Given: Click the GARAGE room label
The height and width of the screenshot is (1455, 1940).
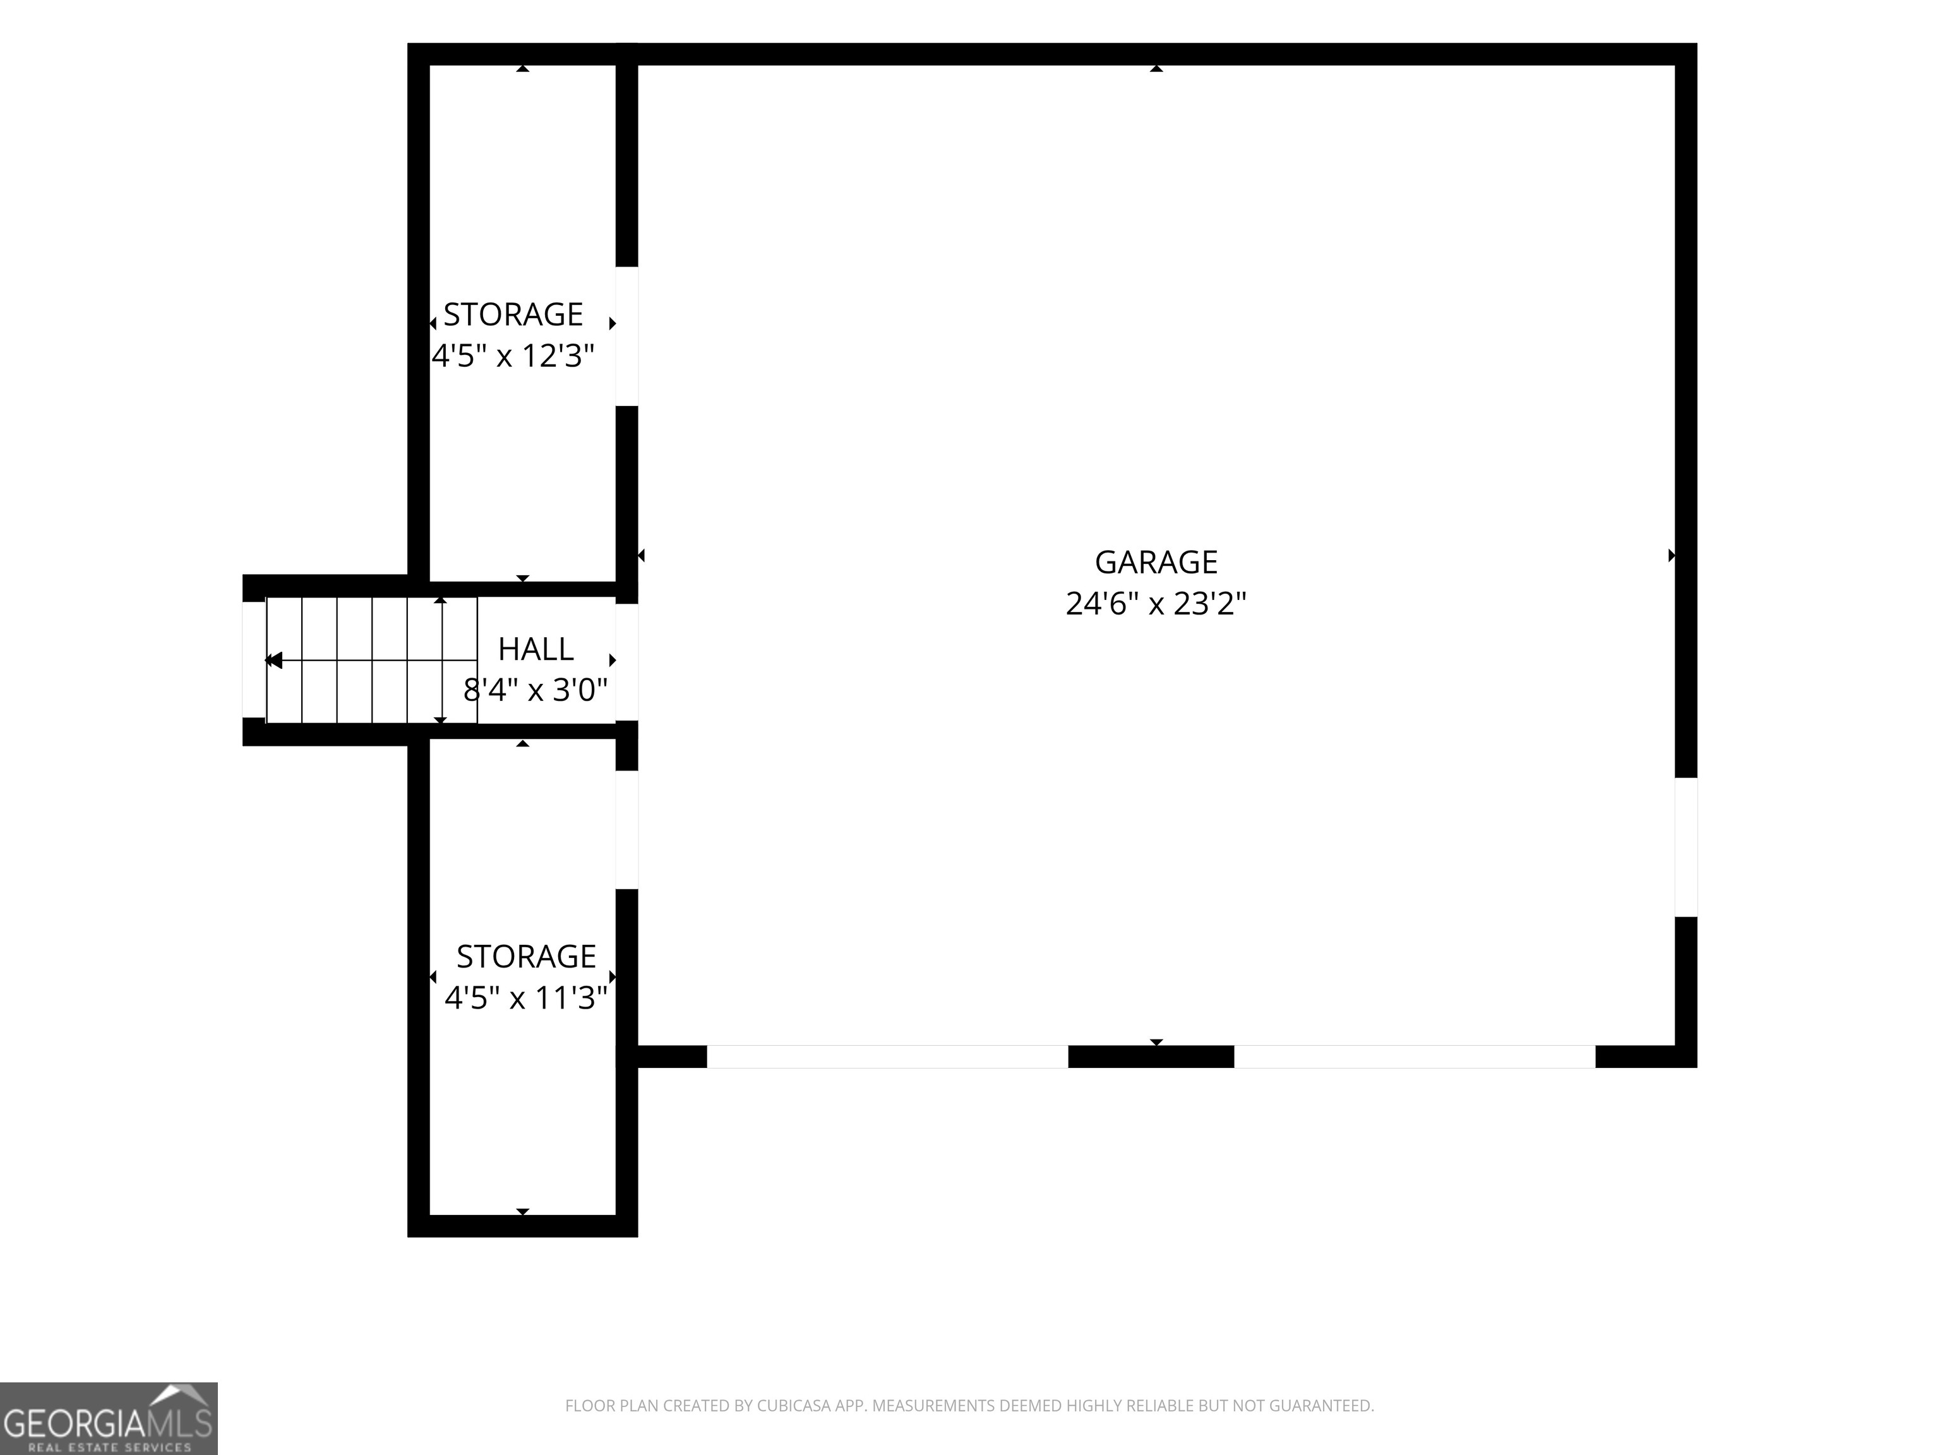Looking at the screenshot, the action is (1156, 562).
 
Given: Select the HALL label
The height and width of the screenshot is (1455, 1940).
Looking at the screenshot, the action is (536, 649).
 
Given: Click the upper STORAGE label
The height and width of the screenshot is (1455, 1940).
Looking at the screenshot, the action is (513, 314).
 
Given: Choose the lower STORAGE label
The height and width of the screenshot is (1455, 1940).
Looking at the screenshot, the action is (526, 956).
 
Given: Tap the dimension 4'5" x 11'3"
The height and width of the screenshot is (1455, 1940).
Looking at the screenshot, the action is (526, 998).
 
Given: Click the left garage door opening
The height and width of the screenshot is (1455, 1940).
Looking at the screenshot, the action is (887, 1057).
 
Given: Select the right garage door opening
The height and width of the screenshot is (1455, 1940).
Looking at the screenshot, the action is (1415, 1057).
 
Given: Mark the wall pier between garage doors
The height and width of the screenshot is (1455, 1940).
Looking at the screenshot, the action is (1151, 1057).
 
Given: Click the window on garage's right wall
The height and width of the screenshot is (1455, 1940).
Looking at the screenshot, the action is (1686, 847).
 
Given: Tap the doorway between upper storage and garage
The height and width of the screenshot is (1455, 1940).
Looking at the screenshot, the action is (627, 336).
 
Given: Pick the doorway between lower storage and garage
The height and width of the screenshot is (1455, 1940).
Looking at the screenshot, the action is (627, 830).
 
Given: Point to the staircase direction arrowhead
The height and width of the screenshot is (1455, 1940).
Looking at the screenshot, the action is (273, 661).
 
